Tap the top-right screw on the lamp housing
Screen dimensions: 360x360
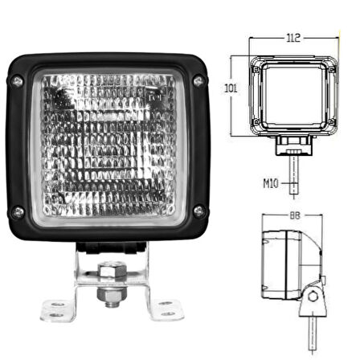(198, 81)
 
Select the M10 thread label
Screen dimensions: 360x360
(270, 183)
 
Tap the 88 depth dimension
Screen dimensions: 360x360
(292, 215)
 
